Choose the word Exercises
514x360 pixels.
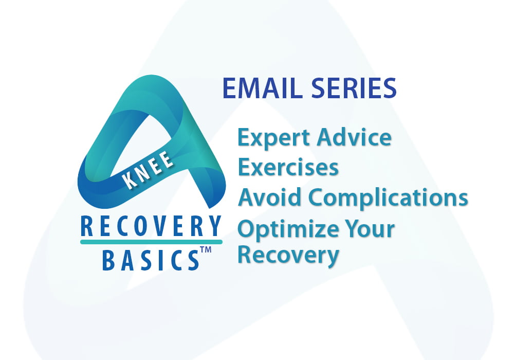click(288, 167)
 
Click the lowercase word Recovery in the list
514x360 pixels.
click(288, 254)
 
